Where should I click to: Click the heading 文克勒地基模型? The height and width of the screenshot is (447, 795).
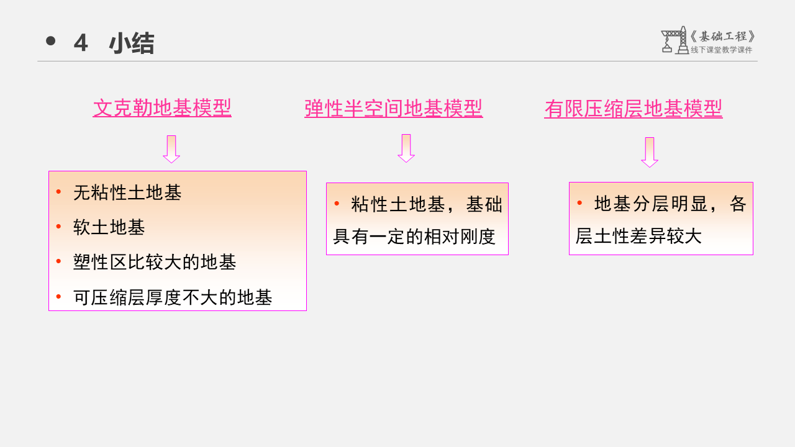click(x=162, y=108)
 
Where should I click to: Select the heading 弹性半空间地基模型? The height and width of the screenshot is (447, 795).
click(x=393, y=109)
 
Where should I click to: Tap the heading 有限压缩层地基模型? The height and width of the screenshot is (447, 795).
click(x=633, y=109)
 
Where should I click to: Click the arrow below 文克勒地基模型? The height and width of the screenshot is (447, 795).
click(x=171, y=149)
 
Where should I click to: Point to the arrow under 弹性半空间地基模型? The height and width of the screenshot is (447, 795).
click(x=406, y=148)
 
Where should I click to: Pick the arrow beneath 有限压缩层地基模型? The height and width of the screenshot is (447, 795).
click(x=650, y=152)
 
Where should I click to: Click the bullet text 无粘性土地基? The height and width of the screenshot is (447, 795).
click(x=127, y=192)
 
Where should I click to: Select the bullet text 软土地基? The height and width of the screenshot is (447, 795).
click(x=109, y=227)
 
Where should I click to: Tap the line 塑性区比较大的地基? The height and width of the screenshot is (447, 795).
click(x=155, y=262)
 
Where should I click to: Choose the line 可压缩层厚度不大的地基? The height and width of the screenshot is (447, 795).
click(x=173, y=297)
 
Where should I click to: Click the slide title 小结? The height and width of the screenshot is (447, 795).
click(x=132, y=43)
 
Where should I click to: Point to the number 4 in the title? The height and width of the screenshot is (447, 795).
click(x=80, y=43)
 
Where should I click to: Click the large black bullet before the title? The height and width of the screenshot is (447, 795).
click(x=51, y=42)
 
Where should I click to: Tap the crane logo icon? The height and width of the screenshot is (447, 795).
click(x=675, y=40)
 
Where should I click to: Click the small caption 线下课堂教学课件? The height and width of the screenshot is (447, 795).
click(x=721, y=50)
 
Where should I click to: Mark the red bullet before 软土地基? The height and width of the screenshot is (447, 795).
click(x=58, y=227)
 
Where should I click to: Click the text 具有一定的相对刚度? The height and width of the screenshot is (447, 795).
click(x=414, y=237)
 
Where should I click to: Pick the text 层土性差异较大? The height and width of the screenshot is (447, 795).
click(x=638, y=236)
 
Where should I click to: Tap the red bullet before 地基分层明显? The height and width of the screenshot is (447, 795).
click(x=579, y=202)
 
